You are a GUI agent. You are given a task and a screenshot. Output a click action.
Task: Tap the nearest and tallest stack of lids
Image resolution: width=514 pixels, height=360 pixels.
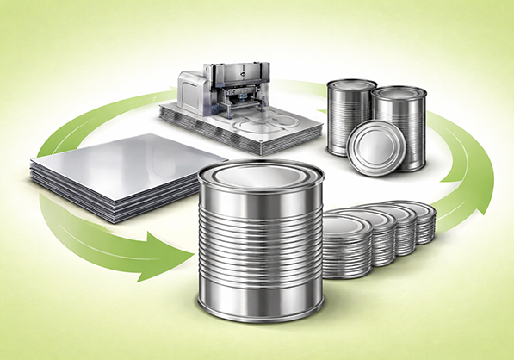click(346, 245)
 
